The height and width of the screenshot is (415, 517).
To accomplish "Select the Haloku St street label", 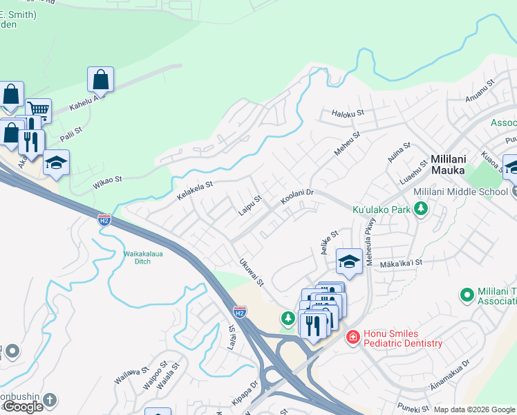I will [x=347, y=112].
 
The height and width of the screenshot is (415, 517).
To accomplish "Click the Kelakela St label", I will [x=194, y=190].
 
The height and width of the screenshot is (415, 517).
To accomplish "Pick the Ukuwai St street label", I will [x=251, y=273].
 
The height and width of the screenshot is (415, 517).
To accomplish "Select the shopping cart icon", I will [x=38, y=110].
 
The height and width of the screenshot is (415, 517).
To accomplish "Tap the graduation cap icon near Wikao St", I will [x=56, y=163].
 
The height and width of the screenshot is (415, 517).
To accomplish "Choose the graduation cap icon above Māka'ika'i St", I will [x=349, y=261].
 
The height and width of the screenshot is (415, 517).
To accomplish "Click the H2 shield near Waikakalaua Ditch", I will [x=104, y=220].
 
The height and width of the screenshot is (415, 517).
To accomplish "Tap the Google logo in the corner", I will [x=23, y=407].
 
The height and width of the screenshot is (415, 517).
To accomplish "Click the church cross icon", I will [x=49, y=400].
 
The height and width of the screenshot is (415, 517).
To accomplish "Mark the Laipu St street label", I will [x=250, y=203].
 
